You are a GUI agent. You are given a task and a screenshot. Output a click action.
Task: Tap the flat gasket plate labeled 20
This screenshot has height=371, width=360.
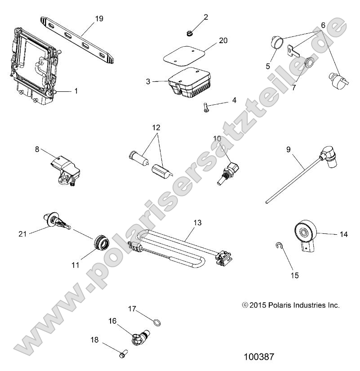[x=188, y=58]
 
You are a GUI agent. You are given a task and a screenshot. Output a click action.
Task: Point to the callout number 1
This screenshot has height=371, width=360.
[x=76, y=91]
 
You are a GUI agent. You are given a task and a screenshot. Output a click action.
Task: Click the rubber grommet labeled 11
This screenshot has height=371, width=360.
[x=100, y=243]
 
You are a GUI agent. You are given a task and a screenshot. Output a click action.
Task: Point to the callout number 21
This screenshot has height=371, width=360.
[x=23, y=233]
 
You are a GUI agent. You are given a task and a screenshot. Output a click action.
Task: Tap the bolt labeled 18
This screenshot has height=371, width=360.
[x=122, y=355]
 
